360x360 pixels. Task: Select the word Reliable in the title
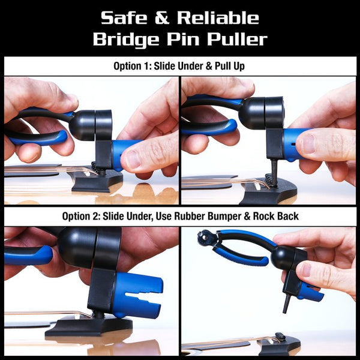223,17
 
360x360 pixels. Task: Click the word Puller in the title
235,40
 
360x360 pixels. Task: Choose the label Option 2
81,216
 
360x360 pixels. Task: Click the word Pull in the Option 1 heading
221,66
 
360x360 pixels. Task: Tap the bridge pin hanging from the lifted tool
287,303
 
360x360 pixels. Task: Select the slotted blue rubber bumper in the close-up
138,294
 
